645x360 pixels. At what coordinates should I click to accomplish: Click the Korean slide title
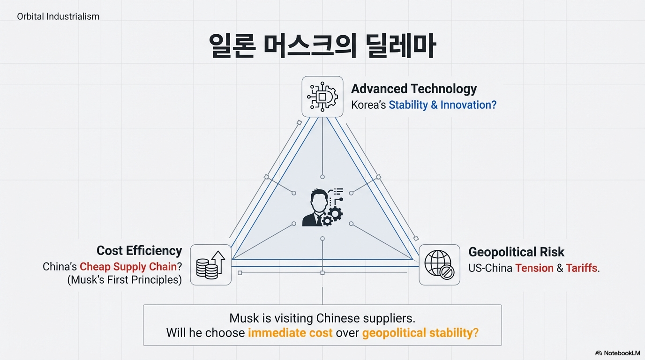(322, 45)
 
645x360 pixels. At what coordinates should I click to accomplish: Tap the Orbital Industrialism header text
(58, 16)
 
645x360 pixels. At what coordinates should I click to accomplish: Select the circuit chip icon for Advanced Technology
(322, 97)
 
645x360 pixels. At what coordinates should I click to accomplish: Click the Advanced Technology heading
(413, 89)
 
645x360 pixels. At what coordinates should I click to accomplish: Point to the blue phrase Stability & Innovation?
(442, 105)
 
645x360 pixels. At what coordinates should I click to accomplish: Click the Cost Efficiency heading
(139, 251)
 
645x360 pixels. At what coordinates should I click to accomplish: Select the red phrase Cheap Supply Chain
(128, 267)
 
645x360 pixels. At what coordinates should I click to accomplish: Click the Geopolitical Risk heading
(516, 252)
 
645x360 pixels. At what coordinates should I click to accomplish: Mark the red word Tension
(534, 268)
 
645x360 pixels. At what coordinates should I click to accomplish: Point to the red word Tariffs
(581, 268)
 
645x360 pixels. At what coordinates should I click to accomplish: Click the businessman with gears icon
(322, 208)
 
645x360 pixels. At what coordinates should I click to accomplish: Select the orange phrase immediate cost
(290, 333)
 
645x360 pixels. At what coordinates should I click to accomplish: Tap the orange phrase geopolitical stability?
(420, 333)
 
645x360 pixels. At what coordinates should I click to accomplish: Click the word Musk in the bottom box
(244, 318)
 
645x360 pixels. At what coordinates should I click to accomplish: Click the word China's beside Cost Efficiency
(60, 267)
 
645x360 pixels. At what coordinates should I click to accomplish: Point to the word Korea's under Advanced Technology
(368, 105)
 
